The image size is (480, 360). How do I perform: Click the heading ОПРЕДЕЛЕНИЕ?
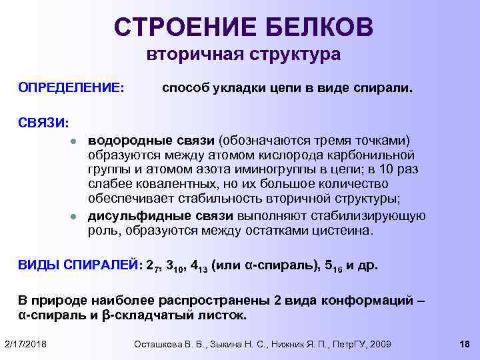click(71, 88)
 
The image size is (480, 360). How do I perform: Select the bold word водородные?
click(125, 141)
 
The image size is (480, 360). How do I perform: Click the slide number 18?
click(465, 343)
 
